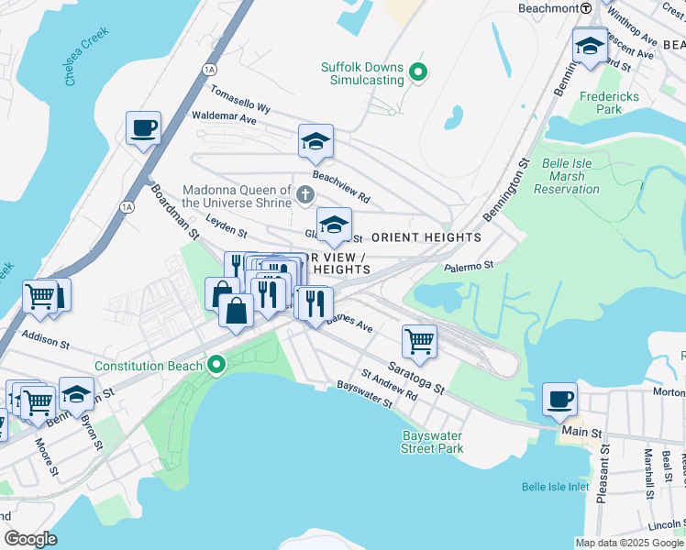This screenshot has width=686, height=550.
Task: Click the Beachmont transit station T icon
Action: click(x=585, y=7)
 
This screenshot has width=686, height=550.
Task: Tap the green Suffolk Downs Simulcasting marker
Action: click(x=419, y=71)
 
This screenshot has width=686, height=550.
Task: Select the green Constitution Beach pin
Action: click(x=216, y=366)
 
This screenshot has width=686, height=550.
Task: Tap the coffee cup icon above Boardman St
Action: click(x=144, y=128)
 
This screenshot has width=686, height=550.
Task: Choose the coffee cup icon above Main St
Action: click(x=559, y=400)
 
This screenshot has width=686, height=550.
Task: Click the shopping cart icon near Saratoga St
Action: click(x=419, y=341)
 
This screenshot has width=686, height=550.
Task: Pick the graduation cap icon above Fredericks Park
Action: click(x=588, y=45)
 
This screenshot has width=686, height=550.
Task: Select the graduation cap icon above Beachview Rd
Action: click(x=315, y=141)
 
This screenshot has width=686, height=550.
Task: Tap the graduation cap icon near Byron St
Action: click(x=77, y=393)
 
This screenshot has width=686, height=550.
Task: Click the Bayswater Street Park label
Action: click(x=432, y=442)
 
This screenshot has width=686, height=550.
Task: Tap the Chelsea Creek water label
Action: click(x=87, y=57)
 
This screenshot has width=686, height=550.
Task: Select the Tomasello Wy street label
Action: click(x=239, y=99)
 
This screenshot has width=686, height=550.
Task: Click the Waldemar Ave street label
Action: click(x=224, y=117)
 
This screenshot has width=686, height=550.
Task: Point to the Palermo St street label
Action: click(x=469, y=265)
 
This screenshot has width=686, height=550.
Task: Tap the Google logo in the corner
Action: click(x=30, y=539)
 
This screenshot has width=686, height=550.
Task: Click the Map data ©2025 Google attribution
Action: click(x=628, y=543)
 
